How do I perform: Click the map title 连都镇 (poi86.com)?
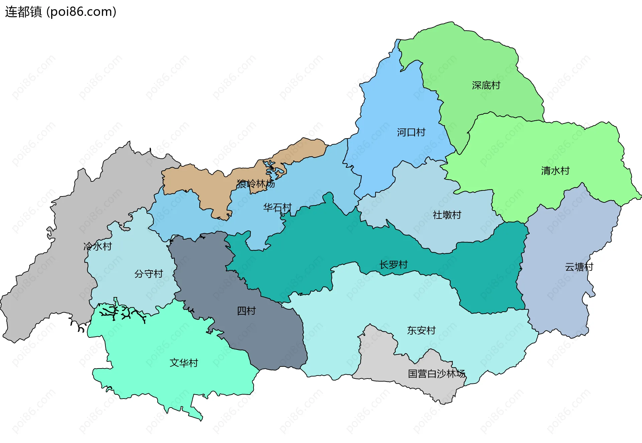click(61, 12)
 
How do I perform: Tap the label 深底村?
click(486, 86)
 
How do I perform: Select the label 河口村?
click(411, 133)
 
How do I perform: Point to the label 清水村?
click(555, 171)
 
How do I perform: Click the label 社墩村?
click(447, 215)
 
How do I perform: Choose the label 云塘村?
click(579, 267)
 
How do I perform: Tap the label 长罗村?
click(393, 265)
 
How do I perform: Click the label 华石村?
click(277, 207)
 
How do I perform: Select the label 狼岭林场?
click(255, 184)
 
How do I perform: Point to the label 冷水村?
click(97, 247)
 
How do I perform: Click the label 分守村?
click(148, 274)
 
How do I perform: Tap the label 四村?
click(246, 311)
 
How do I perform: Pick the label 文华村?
click(184, 363)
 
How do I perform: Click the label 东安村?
click(421, 330)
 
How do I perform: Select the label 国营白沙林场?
click(436, 374)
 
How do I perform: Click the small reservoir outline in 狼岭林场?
click(275, 171)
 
